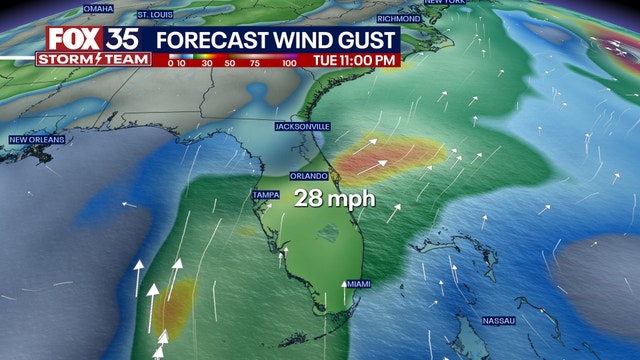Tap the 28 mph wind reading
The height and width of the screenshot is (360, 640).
[x=334, y=198]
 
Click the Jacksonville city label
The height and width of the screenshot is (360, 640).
[x=303, y=127]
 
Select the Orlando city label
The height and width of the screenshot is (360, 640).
[x=308, y=174]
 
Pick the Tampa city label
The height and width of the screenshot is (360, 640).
[x=264, y=193]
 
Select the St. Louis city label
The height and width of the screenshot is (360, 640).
[x=155, y=15]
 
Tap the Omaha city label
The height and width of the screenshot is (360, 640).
[x=99, y=8]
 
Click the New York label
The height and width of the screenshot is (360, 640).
[x=445, y=3]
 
